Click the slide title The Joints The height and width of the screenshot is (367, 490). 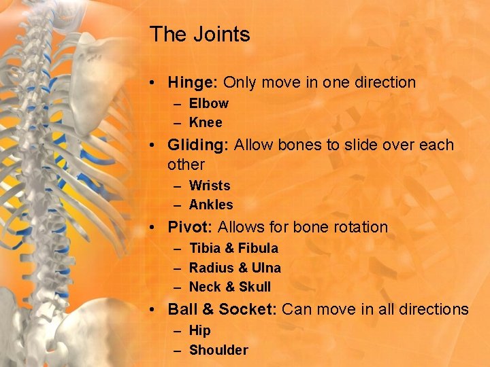pos(199,34)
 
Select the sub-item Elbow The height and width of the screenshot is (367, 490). pos(208,103)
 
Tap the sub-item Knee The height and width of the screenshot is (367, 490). pos(206,122)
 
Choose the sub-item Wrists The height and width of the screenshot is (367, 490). pos(210,186)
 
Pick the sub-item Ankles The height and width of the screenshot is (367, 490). pos(211,205)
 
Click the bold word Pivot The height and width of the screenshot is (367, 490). pos(190,227)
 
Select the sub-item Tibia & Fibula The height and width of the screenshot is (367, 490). pos(233,248)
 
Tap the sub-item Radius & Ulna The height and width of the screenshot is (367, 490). pos(235,268)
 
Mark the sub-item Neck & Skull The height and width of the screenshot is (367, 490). pos(229,287)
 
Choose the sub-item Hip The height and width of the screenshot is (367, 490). pos(200,330)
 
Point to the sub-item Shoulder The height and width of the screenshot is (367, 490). pos(218,350)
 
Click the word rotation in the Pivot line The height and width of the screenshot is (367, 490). pos(360,227)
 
